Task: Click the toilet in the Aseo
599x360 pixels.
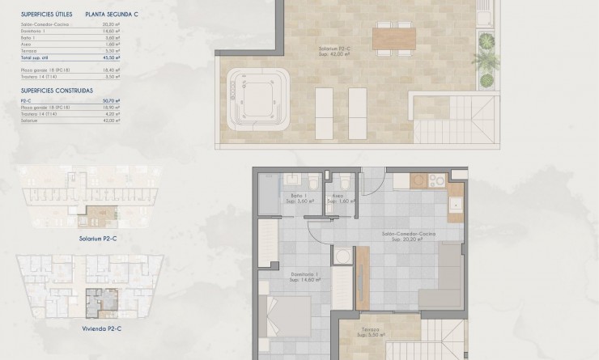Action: pos(345,180)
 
